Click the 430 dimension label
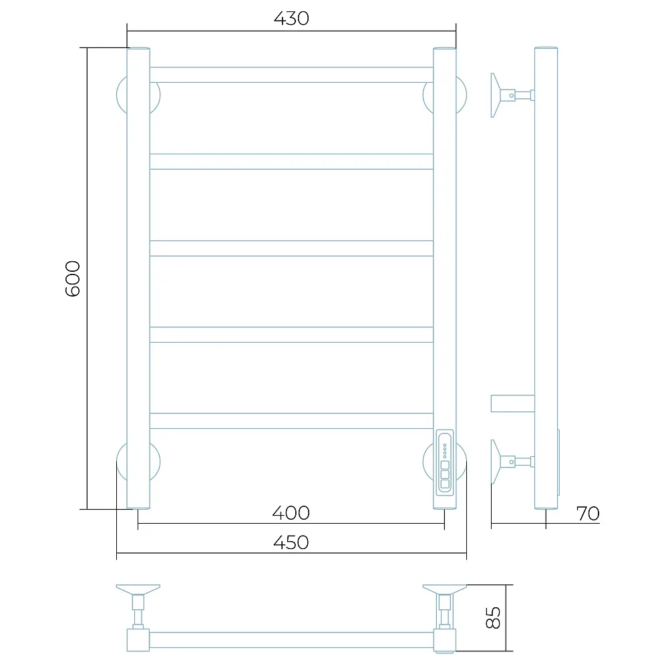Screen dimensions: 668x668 tap(291, 18)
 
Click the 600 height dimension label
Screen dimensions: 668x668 tap(72, 279)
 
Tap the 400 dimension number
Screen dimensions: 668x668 tap(291, 512)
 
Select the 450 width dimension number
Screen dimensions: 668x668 tap(291, 542)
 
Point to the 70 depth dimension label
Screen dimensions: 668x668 tap(588, 513)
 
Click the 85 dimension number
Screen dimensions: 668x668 tap(493, 618)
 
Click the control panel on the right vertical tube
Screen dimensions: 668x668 tap(445, 463)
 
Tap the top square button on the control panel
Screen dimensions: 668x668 tap(445, 465)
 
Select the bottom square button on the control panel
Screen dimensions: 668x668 tap(445, 484)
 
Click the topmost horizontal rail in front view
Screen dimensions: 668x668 tap(291, 75)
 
